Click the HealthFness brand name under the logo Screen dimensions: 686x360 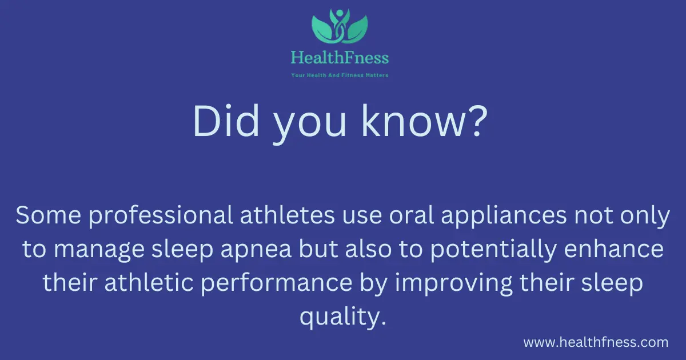point(340,58)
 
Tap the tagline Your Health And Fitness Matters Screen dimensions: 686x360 point(340,75)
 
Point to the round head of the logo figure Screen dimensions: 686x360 point(340,13)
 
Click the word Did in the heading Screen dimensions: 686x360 point(226,121)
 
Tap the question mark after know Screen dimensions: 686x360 point(477,121)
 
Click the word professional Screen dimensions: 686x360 point(161,215)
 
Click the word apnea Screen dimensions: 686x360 point(256,251)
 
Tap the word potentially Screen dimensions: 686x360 point(493,249)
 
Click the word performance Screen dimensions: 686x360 point(277,283)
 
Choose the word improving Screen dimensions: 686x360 point(453,283)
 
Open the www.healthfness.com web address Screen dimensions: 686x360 point(596,342)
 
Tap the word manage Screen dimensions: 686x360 point(99,251)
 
